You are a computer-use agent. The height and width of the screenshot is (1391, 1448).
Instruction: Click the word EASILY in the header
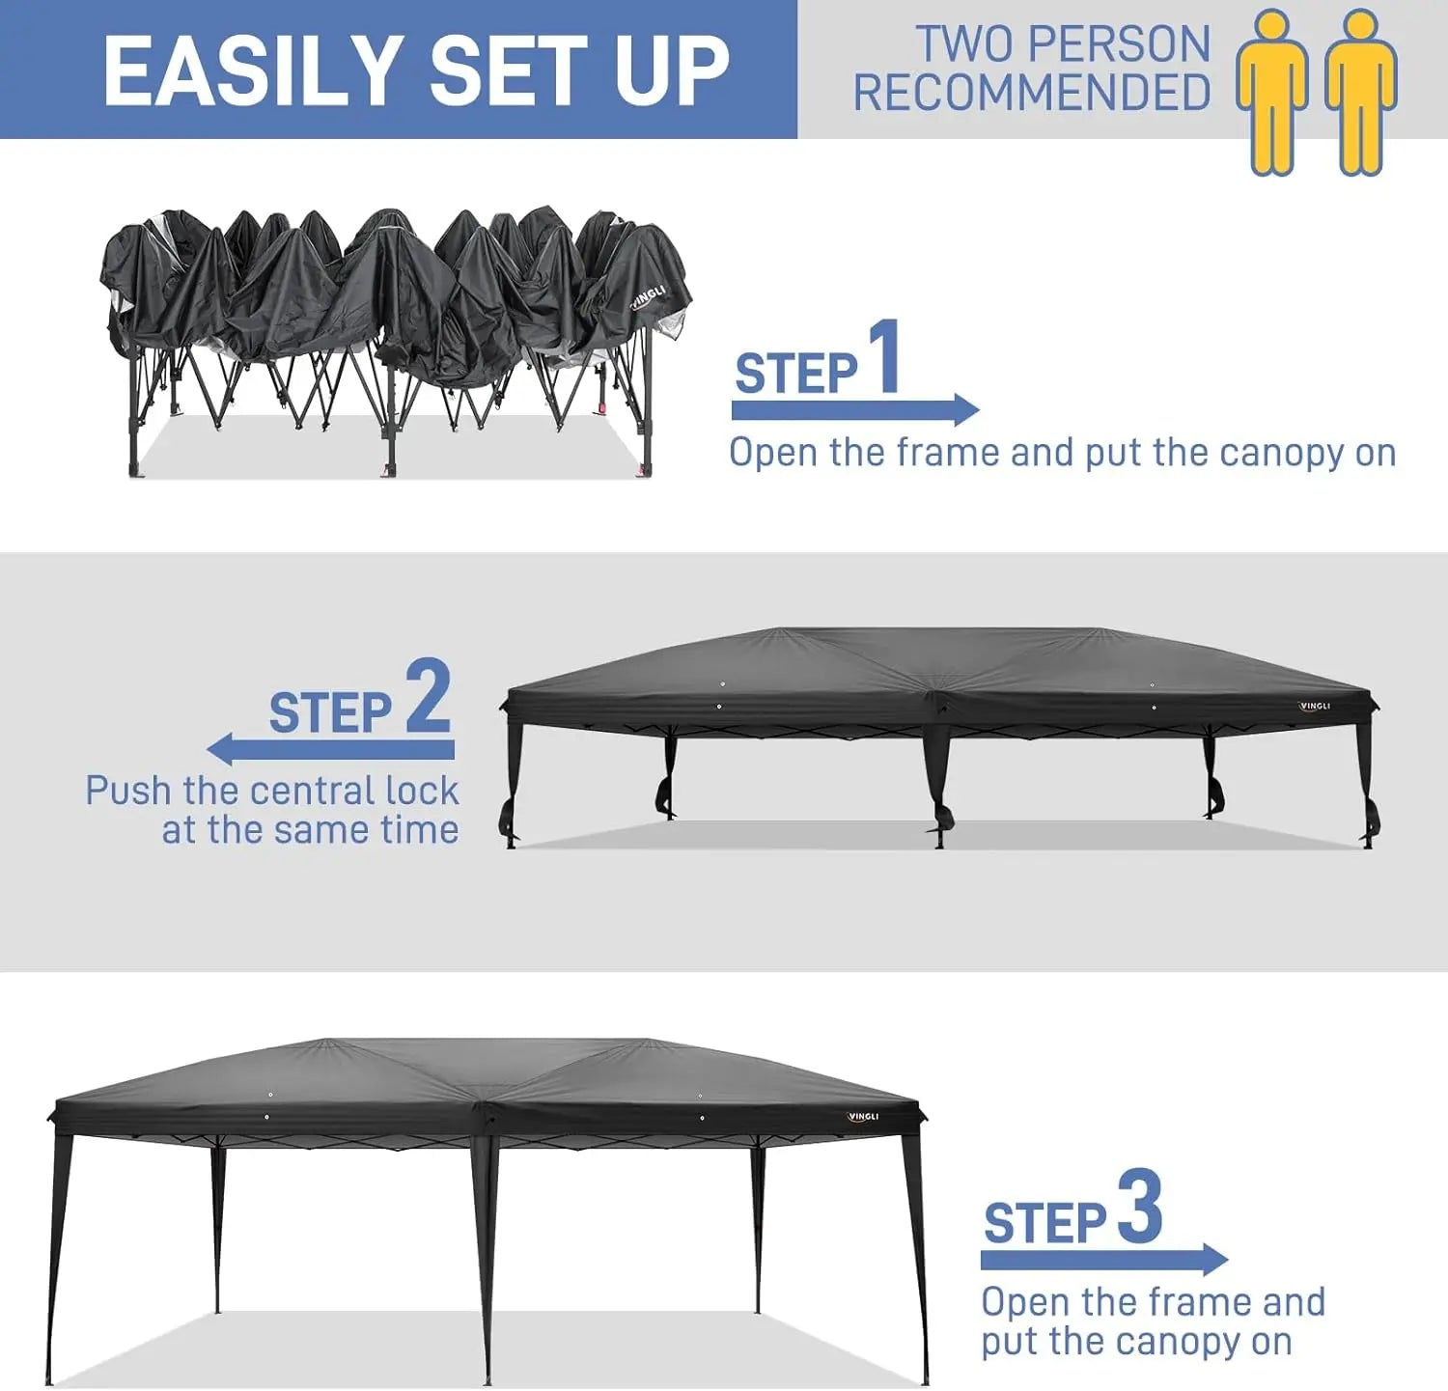coord(253,70)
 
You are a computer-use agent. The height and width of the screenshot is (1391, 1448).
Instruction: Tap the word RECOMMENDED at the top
coord(1032,93)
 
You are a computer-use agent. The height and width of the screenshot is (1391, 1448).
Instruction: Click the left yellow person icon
coord(1273,92)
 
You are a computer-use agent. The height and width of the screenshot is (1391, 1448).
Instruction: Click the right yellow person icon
coord(1360,92)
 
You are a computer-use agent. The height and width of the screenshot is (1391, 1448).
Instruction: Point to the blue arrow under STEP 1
coord(855,409)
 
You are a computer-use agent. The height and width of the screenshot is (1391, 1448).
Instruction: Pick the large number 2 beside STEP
coord(429,695)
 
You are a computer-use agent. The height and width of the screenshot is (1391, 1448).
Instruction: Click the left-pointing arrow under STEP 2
coord(330,748)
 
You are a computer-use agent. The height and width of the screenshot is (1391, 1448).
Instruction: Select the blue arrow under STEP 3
coord(1104,1259)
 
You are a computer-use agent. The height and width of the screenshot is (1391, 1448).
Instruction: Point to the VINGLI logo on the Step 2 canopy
coord(1315,707)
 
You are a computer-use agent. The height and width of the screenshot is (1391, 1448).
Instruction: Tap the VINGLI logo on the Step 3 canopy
coord(863,1117)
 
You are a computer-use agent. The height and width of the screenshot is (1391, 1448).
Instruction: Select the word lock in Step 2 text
coord(422,791)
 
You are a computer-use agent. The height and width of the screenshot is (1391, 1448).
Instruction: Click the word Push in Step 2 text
coord(128,791)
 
